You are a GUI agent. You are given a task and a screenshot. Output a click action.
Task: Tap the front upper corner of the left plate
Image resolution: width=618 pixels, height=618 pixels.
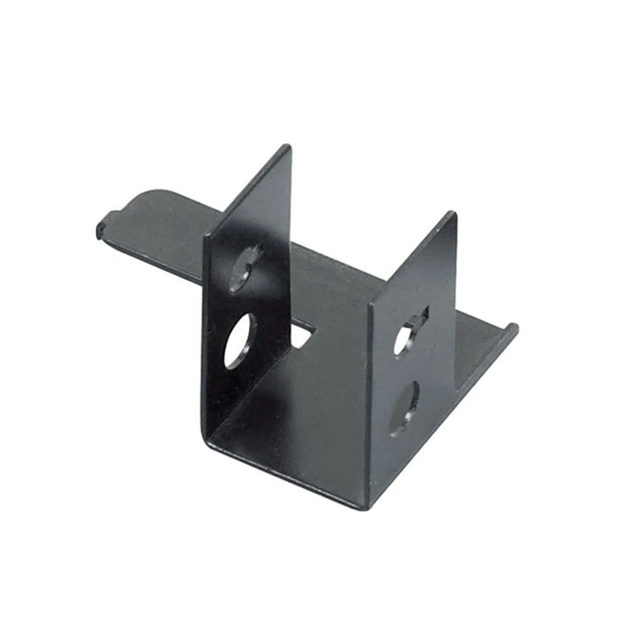[x=207, y=237]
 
